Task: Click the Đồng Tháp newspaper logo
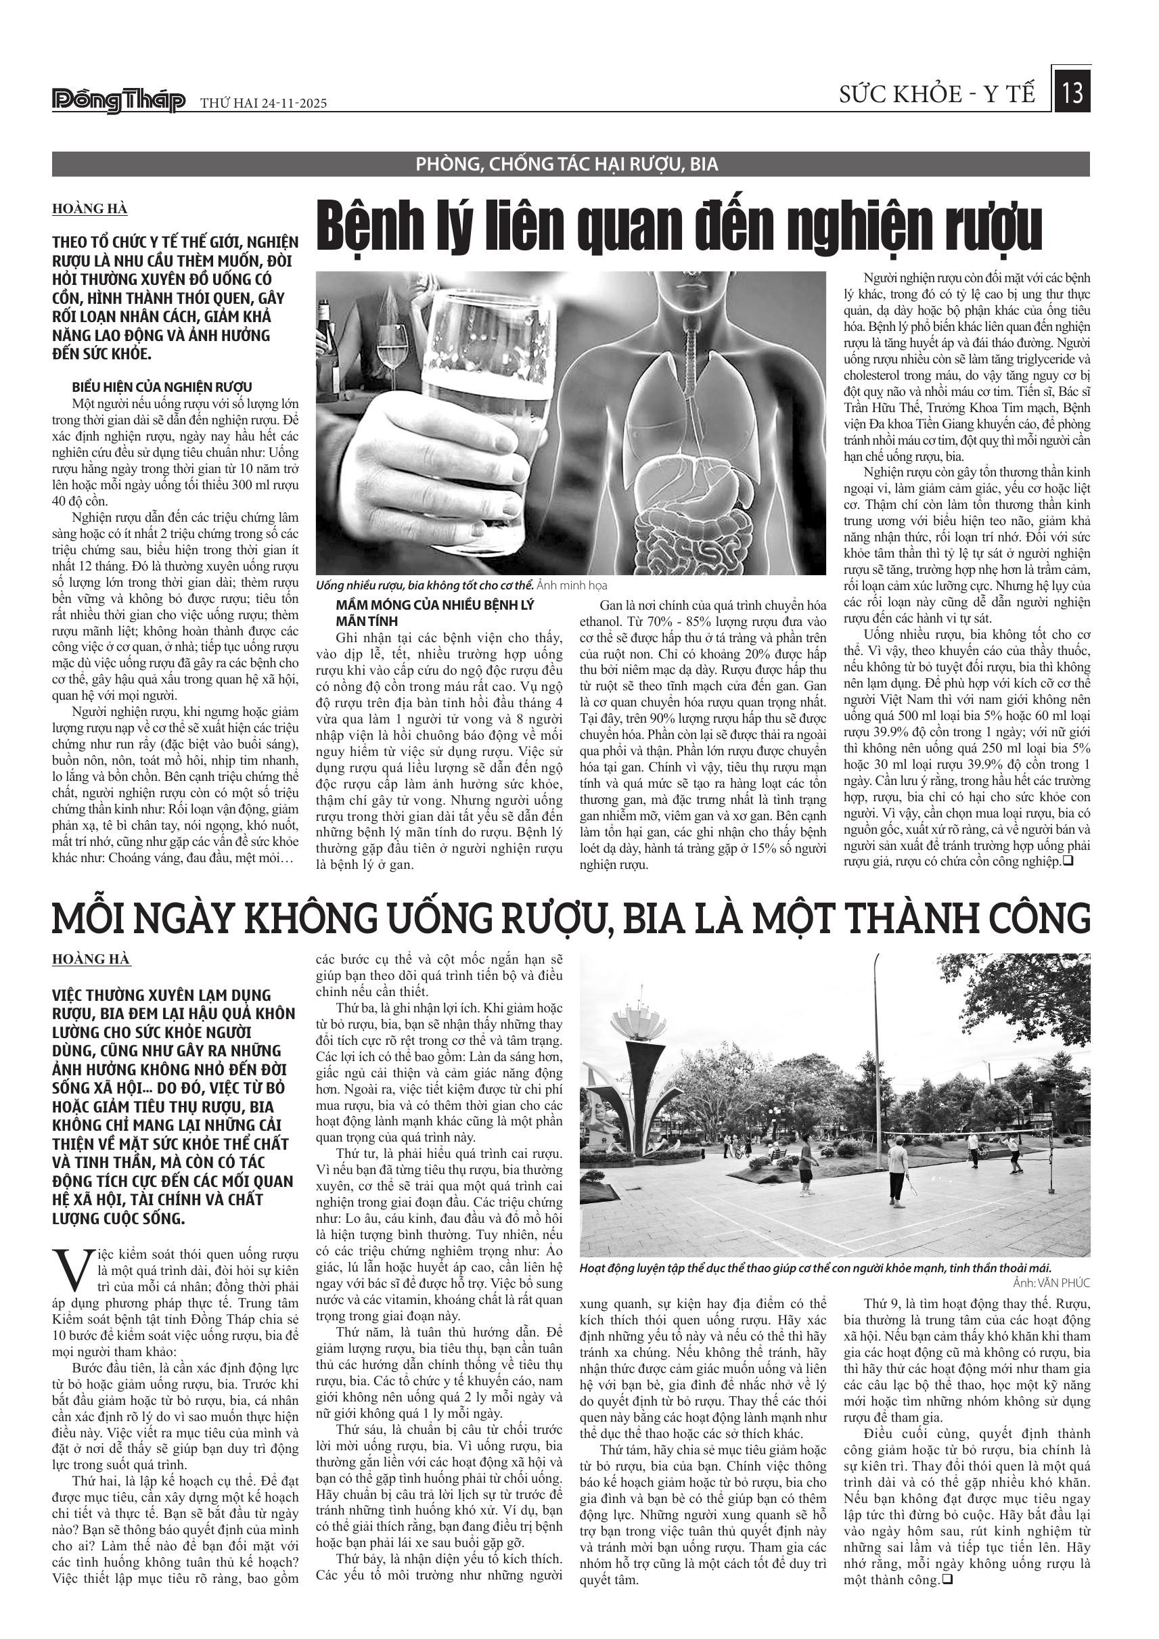pos(119,102)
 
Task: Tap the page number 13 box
pos(1072,93)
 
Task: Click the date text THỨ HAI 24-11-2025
pos(263,104)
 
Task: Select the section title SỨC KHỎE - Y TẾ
pos(937,94)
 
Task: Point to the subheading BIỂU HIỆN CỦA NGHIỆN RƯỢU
pos(162,388)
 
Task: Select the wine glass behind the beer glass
pos(390,342)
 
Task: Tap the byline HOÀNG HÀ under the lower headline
pos(91,959)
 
